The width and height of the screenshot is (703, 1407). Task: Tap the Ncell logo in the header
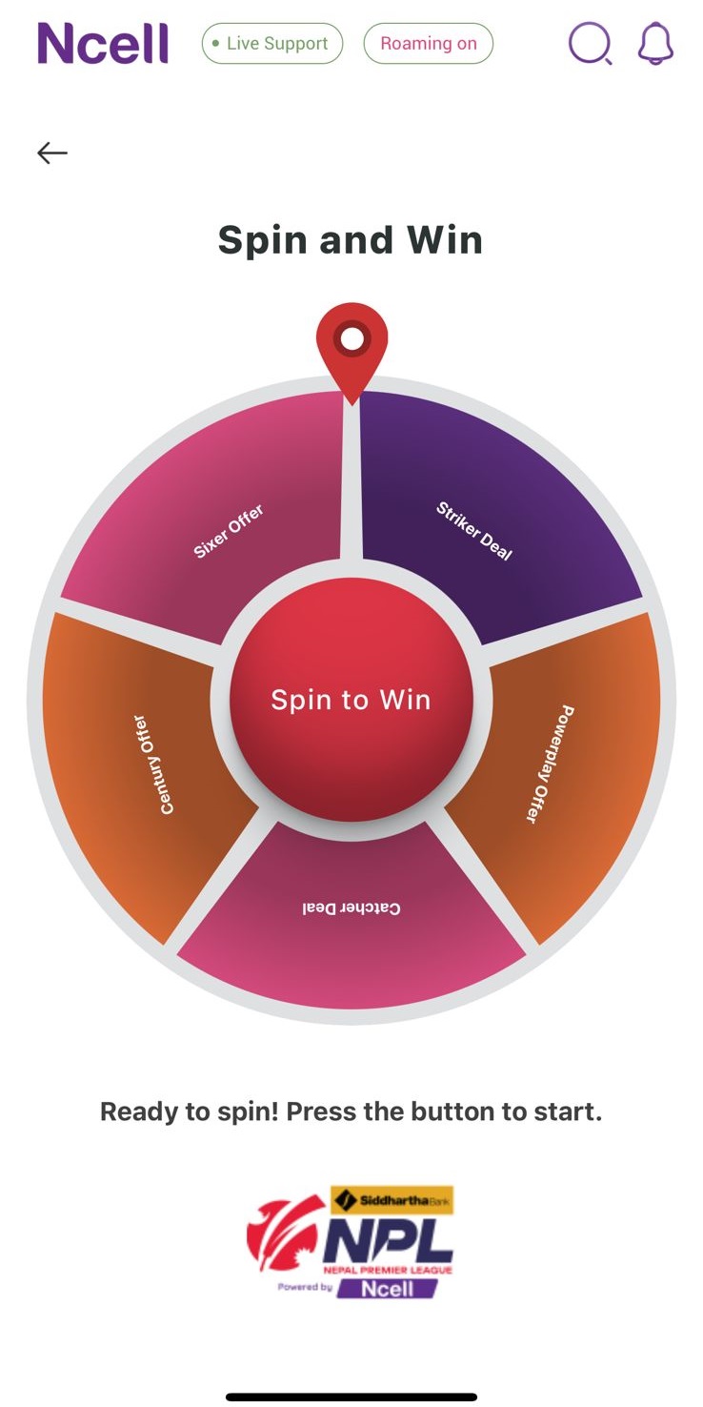[x=103, y=43]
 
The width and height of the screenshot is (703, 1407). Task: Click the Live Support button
[x=272, y=43]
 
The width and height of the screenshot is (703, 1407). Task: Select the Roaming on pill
[x=428, y=43]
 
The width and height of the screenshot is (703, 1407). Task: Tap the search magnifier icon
[x=590, y=43]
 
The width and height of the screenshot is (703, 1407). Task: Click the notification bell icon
[x=656, y=43]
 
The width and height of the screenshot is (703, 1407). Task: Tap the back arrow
[x=52, y=153]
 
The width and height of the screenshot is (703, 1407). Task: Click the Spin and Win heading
[x=351, y=240]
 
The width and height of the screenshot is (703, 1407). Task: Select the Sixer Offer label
[x=229, y=531]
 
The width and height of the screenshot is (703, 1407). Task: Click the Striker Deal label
[x=474, y=531]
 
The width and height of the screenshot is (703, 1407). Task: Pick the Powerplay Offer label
[x=550, y=764]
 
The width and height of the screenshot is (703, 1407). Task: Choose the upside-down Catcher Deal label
[x=351, y=908]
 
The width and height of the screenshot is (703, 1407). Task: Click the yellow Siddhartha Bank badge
[x=392, y=1201]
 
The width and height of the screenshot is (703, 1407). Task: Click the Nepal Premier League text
[x=388, y=1270]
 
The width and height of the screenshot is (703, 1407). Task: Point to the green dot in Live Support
[x=216, y=43]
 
